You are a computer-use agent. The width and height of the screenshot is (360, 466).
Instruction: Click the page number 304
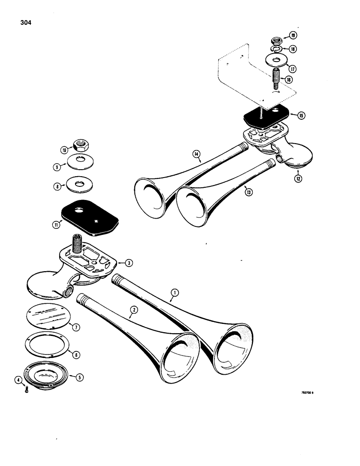(x=27, y=22)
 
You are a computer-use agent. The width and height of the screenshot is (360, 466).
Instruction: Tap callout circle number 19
(x=293, y=35)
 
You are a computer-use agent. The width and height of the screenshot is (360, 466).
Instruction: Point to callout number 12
(x=297, y=178)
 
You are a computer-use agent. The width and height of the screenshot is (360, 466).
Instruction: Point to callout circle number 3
(x=129, y=262)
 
